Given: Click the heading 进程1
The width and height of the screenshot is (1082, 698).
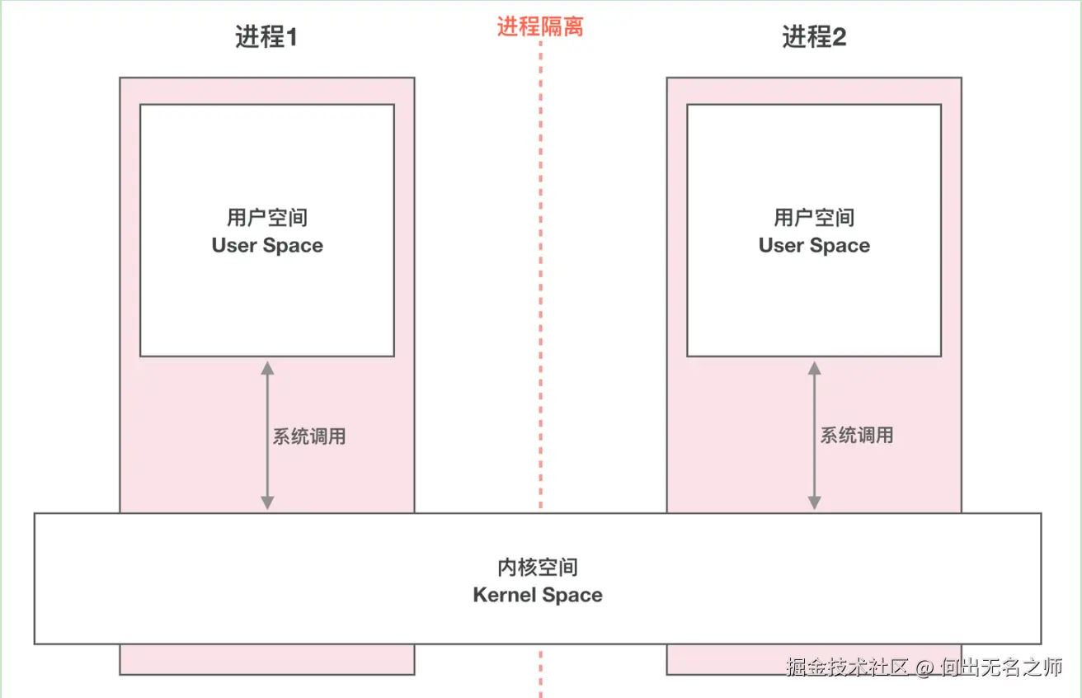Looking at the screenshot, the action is (266, 37).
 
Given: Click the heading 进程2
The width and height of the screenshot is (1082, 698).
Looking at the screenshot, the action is (815, 37).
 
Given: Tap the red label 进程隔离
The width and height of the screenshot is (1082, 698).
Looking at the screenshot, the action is (540, 26).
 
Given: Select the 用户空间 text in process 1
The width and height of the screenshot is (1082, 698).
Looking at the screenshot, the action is (267, 218).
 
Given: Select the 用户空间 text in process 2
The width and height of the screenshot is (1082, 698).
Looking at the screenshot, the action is (815, 218).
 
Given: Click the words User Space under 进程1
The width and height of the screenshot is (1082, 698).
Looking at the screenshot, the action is (267, 246).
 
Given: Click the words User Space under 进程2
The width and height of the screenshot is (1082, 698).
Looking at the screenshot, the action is (815, 246).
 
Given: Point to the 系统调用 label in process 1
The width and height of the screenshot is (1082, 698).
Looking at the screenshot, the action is (309, 436).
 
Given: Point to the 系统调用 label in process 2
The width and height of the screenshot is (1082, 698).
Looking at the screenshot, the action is (857, 435).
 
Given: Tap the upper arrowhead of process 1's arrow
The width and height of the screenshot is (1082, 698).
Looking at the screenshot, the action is (267, 368).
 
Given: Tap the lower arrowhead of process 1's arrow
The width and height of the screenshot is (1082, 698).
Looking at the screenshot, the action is (267, 502).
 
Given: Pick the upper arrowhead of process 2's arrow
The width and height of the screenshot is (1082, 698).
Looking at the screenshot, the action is (815, 368).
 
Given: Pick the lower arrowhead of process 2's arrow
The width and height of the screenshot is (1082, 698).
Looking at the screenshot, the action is (815, 502).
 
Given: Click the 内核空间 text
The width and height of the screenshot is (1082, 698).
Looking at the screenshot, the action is (538, 567).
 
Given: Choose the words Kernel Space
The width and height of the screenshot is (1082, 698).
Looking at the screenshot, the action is (538, 595).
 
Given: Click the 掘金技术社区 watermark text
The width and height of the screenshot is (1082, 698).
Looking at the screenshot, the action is (847, 667).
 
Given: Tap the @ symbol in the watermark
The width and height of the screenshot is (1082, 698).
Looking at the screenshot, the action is (924, 668).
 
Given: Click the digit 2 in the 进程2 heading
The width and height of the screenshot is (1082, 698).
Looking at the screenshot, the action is (839, 37).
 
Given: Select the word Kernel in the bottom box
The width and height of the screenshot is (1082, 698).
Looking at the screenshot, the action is (504, 595).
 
